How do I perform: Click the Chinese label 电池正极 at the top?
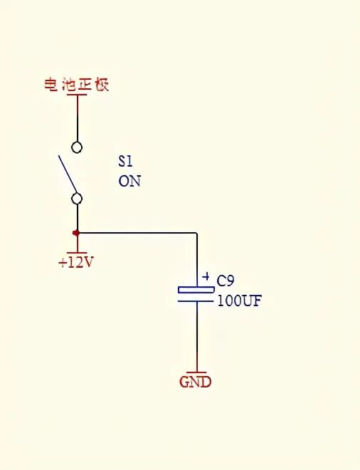click(77, 85)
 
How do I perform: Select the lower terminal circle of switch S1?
click(77, 199)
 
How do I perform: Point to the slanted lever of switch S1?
click(68, 173)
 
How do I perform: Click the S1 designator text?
click(125, 161)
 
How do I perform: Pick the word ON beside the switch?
click(129, 182)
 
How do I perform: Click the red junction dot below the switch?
click(76, 233)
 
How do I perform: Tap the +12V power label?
click(76, 263)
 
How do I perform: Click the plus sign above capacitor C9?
click(206, 276)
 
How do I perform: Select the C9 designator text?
click(226, 281)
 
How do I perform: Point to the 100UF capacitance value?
click(240, 301)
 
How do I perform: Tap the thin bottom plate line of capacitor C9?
click(196, 301)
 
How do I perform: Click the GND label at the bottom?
click(195, 382)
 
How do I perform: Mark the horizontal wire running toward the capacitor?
click(137, 233)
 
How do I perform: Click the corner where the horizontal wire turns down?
click(197, 233)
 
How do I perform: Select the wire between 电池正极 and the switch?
click(78, 118)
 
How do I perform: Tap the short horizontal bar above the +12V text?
click(77, 253)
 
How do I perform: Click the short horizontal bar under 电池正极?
click(77, 95)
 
